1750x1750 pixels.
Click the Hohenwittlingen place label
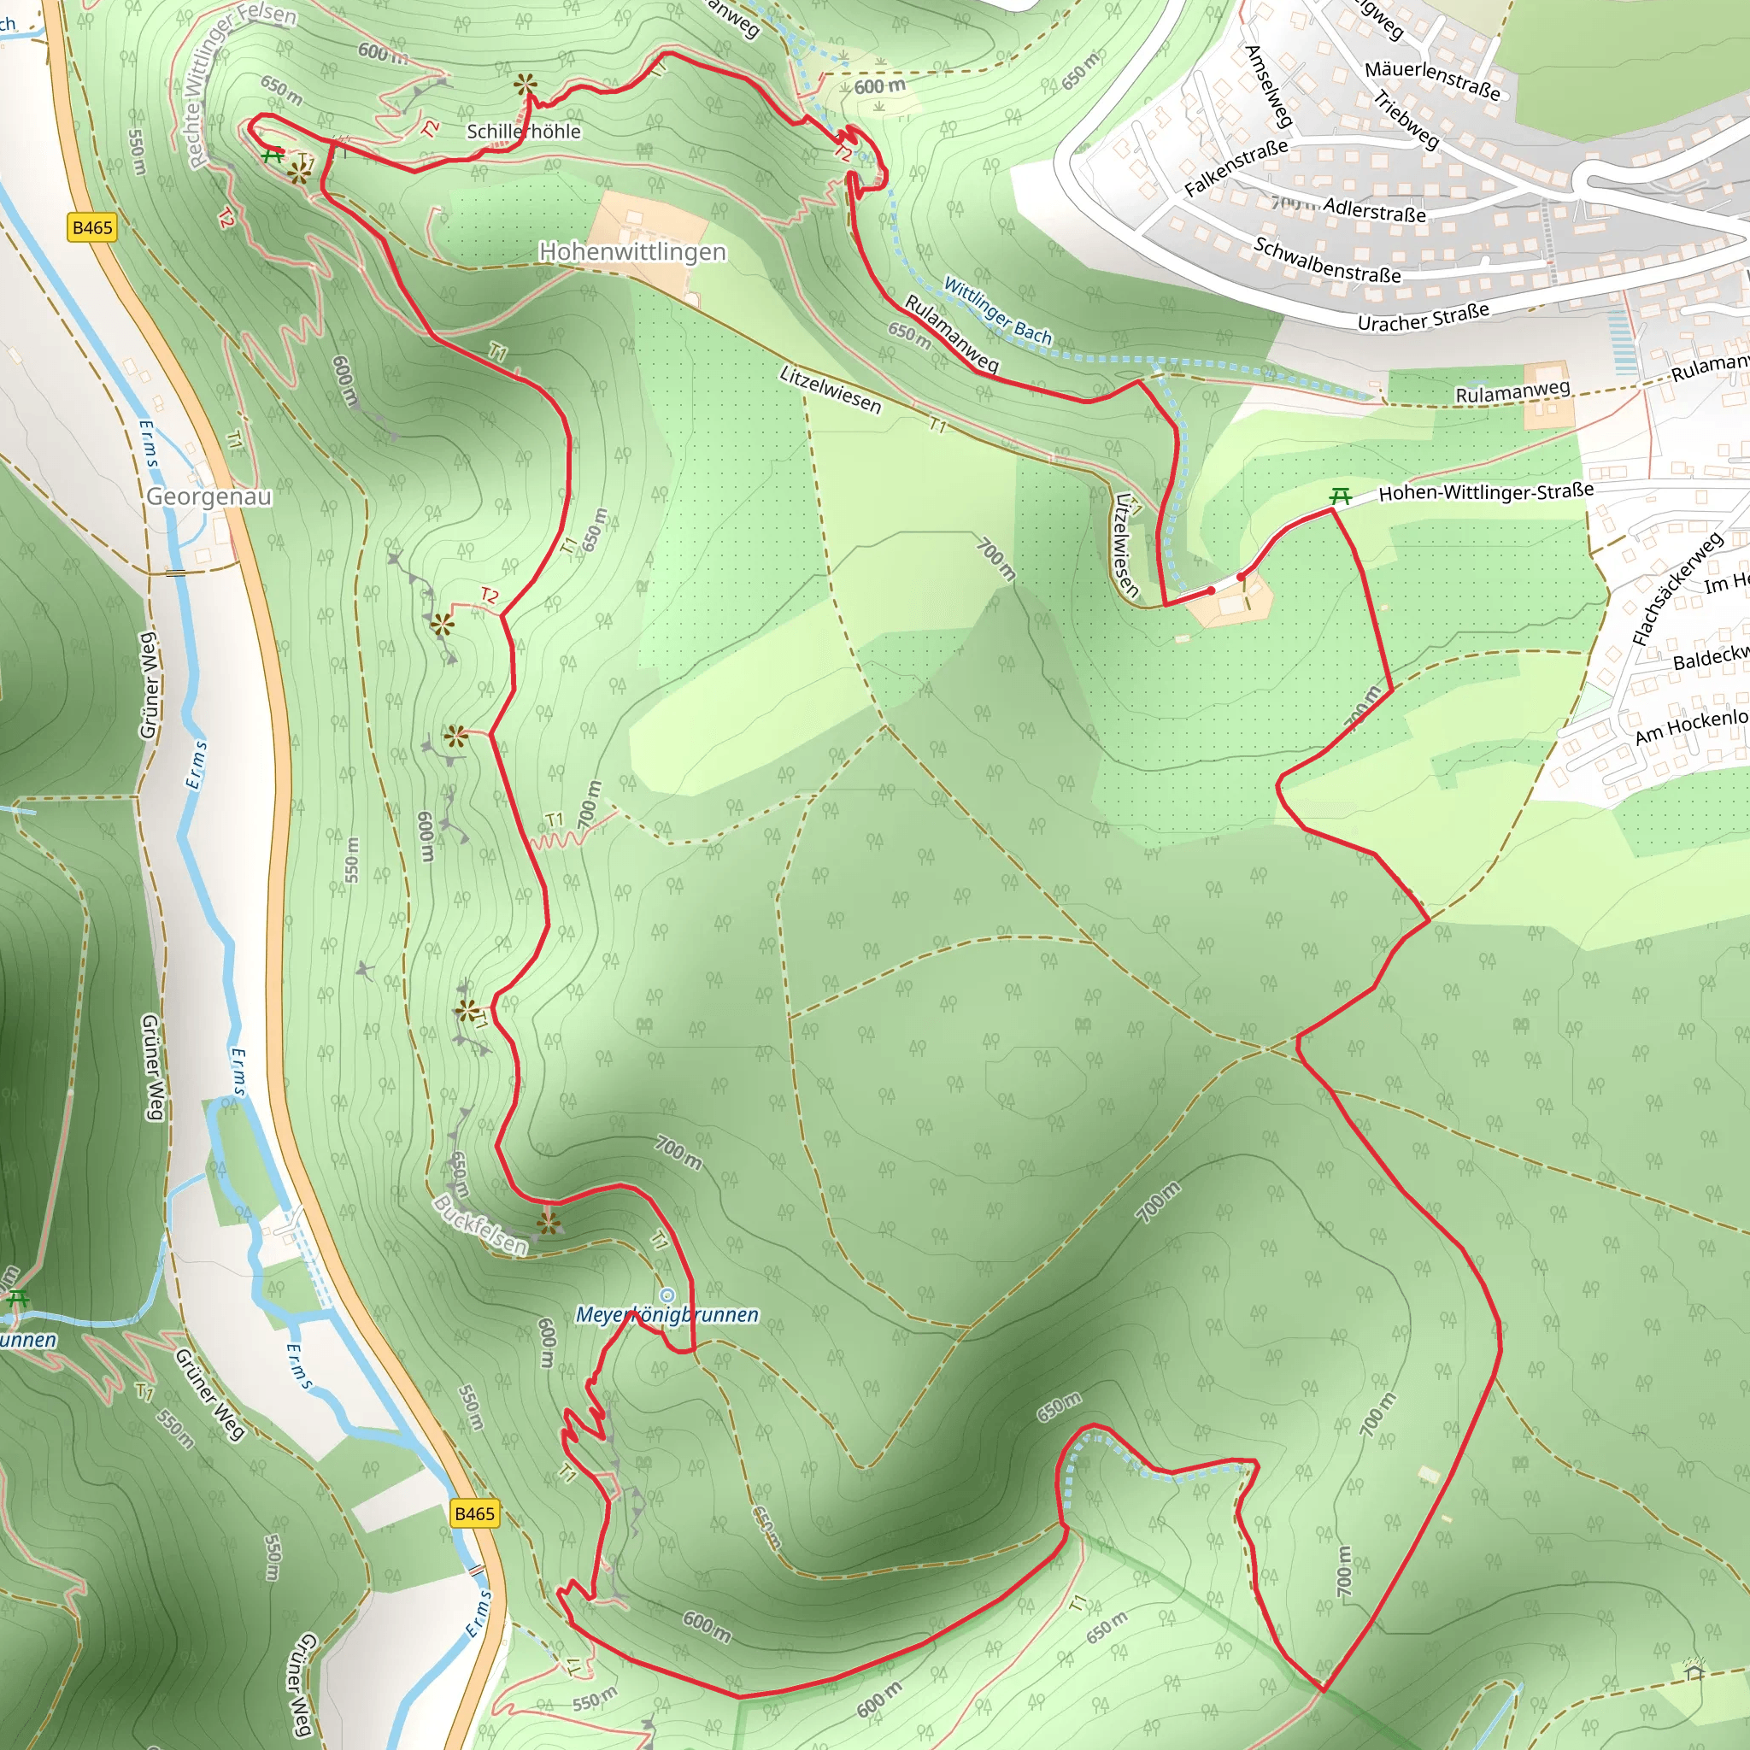pos(632,252)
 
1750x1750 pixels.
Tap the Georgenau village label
pos(209,496)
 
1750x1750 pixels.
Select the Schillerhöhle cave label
pos(524,132)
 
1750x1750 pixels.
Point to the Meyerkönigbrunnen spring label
pos(667,1314)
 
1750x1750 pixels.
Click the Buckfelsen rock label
pos(480,1224)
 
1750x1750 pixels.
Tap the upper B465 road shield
pos(92,227)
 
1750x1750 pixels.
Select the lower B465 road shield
pos(474,1513)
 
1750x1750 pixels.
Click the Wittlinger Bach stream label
pos(997,311)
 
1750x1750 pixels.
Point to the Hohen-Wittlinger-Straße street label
pos(1485,493)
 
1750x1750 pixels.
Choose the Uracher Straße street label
pos(1423,318)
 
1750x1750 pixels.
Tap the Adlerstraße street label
pos(1374,209)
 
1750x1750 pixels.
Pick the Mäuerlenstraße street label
pos(1432,80)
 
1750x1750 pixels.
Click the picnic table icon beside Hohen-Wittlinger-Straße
pos(1341,496)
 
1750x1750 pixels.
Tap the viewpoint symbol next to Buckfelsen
pos(548,1224)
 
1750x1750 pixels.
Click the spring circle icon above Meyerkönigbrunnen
pos(667,1295)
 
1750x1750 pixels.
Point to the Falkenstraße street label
pos(1236,168)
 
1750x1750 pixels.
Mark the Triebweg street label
pos(1406,120)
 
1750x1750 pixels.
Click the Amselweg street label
pos(1268,86)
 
